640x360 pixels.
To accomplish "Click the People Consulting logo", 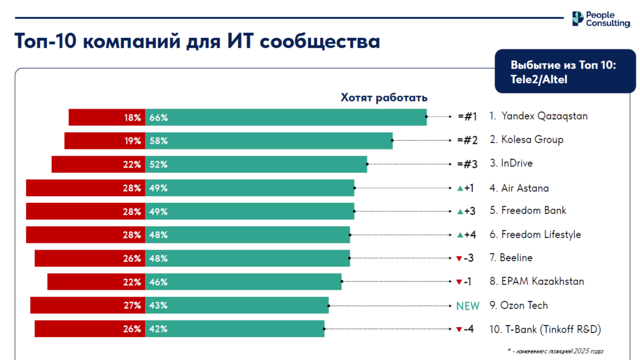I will pyautogui.click(x=601, y=19).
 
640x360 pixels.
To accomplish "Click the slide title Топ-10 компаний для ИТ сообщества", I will pyautogui.click(x=197, y=41).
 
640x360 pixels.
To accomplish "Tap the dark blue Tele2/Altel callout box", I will pyautogui.click(x=565, y=72).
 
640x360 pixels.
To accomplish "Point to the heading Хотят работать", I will pyautogui.click(x=384, y=98).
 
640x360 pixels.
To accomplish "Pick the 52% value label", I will pyautogui.click(x=158, y=164).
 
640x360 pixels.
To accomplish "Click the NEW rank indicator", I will pyautogui.click(x=468, y=306).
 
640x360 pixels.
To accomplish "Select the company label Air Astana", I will pyautogui.click(x=519, y=188).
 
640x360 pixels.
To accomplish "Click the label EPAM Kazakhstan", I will pyautogui.click(x=537, y=281).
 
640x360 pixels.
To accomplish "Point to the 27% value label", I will pyautogui.click(x=132, y=306).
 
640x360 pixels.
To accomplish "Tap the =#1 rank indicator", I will pyautogui.click(x=467, y=117).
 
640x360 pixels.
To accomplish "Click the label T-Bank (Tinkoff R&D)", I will pyautogui.click(x=545, y=329).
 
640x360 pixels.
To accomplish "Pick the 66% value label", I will pyautogui.click(x=158, y=118).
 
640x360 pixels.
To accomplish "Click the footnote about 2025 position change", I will pyautogui.click(x=555, y=351).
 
